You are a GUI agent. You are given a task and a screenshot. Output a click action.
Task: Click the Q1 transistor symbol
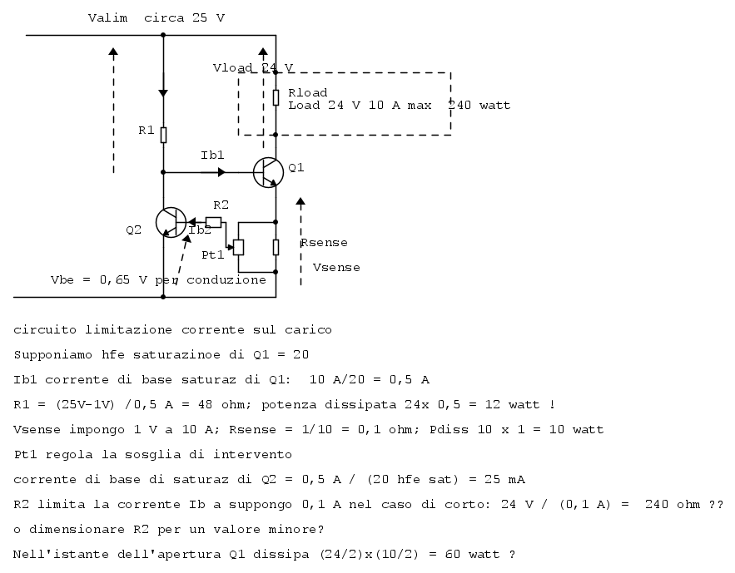coord(268,172)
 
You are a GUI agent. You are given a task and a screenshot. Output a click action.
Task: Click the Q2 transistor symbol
coord(171,222)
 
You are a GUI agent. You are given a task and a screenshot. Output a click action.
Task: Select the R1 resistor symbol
coord(163,135)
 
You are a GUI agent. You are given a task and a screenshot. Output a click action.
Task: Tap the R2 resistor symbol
coord(213,222)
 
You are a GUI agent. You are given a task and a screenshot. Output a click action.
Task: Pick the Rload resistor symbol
coord(276,97)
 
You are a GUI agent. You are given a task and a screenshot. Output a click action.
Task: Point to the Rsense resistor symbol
coord(276,247)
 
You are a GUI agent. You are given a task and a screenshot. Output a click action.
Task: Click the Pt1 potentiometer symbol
coord(238,247)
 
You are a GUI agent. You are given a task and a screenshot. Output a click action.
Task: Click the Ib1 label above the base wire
coord(212,155)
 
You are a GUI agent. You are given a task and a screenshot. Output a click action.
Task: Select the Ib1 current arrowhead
coord(221,172)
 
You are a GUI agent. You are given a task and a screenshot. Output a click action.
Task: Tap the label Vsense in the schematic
coord(336,268)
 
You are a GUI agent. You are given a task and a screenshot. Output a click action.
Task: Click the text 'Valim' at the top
coord(108,18)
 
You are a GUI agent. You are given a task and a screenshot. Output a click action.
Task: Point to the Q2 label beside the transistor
coord(133,230)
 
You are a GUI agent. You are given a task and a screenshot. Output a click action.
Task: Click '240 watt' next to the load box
coord(479,106)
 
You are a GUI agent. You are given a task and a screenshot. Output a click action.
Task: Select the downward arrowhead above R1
coord(163,93)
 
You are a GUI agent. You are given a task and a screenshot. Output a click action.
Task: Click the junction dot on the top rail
coord(163,35)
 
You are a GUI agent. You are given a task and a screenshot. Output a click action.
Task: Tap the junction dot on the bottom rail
coord(163,297)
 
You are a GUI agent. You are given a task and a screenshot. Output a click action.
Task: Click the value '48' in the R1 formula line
coord(205,404)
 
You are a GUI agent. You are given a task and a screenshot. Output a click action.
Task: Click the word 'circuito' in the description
coord(45,330)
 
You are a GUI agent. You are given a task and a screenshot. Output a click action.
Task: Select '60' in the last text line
coord(452,555)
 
